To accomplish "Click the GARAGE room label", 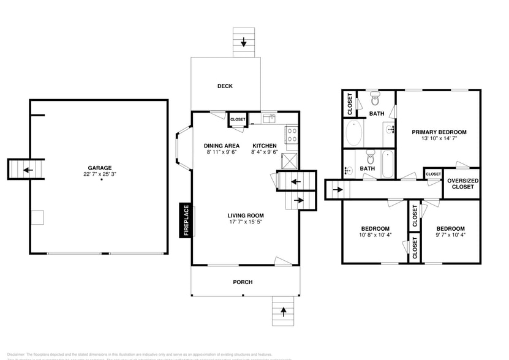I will click(x=99, y=167).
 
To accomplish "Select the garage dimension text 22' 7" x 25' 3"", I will click(x=99, y=174).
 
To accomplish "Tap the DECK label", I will click(x=225, y=86).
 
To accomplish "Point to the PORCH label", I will click(x=243, y=282).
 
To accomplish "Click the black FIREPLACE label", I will click(x=185, y=220).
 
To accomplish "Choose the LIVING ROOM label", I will click(x=245, y=216).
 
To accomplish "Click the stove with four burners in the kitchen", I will click(x=292, y=134).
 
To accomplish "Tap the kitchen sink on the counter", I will click(x=269, y=118).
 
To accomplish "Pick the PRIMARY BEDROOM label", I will click(x=439, y=132).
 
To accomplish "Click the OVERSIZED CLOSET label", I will click(x=462, y=184).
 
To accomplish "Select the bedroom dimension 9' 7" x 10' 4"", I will click(x=450, y=234).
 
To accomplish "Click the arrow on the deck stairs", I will click(x=244, y=42).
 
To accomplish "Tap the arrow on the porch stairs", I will click(x=282, y=312).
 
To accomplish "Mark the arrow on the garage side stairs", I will click(x=26, y=170).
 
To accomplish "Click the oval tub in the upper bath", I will click(x=353, y=133).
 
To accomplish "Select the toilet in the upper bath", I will click(x=375, y=99).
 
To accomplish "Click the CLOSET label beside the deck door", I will click(x=238, y=119).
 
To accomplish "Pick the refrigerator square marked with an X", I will click(x=289, y=160).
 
